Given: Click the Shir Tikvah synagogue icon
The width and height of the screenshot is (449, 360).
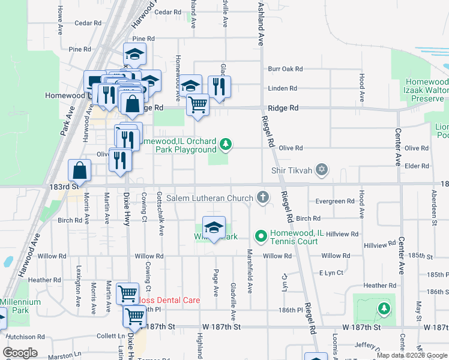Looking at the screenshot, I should click(322, 170).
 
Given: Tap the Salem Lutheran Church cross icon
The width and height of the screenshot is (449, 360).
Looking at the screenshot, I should click(262, 197).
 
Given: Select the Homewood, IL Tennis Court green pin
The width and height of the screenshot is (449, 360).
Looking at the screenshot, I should click(261, 237).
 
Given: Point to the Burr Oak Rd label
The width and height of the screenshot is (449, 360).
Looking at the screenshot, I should click(285, 69).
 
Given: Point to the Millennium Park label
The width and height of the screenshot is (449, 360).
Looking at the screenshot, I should click(20, 306).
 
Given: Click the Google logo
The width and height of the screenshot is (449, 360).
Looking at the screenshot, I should click(21, 352).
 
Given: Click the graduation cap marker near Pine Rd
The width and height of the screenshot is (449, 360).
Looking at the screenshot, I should click(135, 55).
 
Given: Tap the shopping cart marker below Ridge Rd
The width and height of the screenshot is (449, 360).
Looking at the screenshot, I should click(197, 106).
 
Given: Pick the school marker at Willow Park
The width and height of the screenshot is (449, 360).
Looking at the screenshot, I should click(214, 228).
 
